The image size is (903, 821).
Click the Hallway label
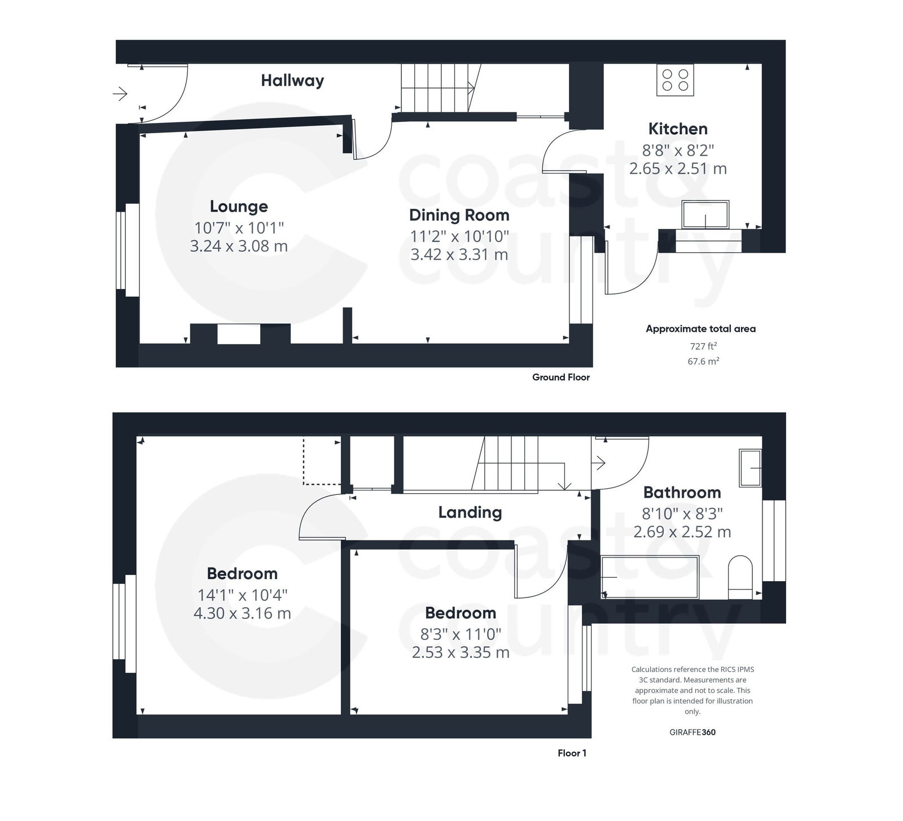coord(292,81)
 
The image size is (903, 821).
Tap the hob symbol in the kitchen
coord(675,80)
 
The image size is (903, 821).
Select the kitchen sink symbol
coord(705,214)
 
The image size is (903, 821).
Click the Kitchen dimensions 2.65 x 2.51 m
coord(678,169)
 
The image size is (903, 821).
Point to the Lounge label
coord(239,207)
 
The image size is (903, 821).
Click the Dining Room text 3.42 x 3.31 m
coord(459,254)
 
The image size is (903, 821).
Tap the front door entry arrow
coord(120,94)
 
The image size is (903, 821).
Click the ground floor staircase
coord(437,87)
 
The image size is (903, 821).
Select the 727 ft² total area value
coord(703,346)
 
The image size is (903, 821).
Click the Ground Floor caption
coord(560,377)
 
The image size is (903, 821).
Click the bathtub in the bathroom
coord(650,577)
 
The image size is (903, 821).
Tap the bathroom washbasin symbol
coord(750,468)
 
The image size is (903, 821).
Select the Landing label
coord(470,512)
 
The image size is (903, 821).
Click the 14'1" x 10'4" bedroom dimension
coord(242,595)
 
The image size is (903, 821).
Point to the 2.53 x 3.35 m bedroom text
coord(461,653)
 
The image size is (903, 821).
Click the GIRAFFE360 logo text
coord(692,732)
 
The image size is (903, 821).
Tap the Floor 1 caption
coord(572,753)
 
